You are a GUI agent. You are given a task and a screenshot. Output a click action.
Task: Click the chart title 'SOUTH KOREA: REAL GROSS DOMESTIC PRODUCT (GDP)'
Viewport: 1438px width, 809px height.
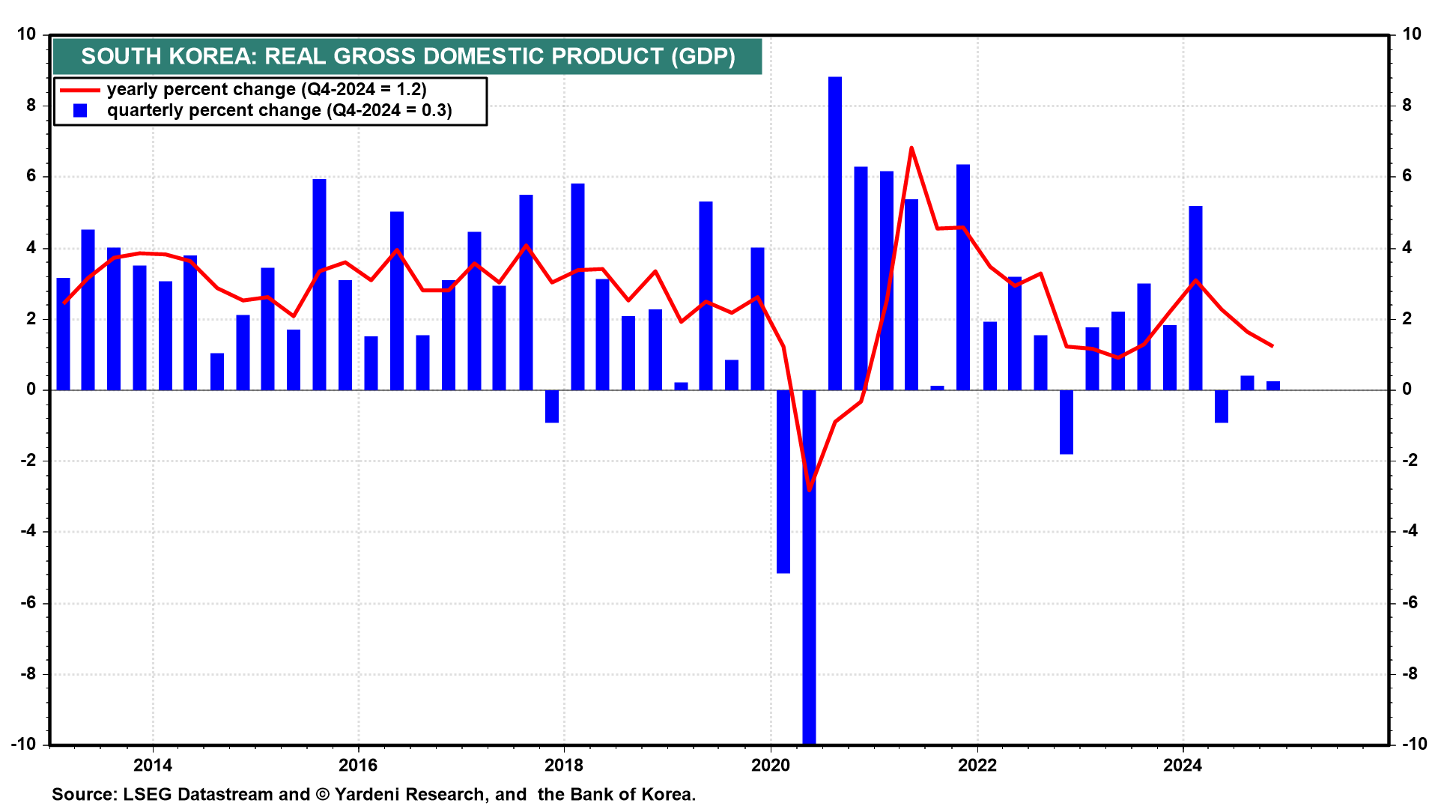[407, 56]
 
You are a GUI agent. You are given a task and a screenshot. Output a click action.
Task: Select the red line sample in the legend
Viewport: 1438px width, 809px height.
[79, 90]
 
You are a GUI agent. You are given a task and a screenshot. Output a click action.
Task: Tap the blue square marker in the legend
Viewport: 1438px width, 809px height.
[80, 111]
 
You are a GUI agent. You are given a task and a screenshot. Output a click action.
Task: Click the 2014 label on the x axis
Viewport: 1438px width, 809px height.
[152, 765]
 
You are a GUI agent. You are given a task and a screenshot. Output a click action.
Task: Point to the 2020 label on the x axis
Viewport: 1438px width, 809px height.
[771, 765]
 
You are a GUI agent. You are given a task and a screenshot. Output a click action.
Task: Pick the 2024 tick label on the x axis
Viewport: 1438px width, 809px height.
[1183, 765]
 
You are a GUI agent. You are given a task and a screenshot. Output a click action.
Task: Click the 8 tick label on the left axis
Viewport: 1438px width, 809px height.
[31, 106]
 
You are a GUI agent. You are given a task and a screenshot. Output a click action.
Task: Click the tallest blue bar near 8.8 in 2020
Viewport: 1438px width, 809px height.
[835, 232]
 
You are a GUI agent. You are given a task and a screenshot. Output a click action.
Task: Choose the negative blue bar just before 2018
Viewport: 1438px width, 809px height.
[552, 407]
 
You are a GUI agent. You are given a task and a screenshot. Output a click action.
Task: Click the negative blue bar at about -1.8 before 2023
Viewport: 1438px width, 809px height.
[1067, 422]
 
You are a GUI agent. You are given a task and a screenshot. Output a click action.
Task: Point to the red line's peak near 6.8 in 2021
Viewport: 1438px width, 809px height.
[911, 148]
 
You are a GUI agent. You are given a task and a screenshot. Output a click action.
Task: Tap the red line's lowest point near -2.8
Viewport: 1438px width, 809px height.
[809, 490]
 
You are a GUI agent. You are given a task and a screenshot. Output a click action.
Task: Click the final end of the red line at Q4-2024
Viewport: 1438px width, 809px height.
[1272, 346]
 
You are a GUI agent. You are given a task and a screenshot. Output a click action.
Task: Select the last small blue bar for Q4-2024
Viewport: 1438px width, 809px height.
[1273, 386]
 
